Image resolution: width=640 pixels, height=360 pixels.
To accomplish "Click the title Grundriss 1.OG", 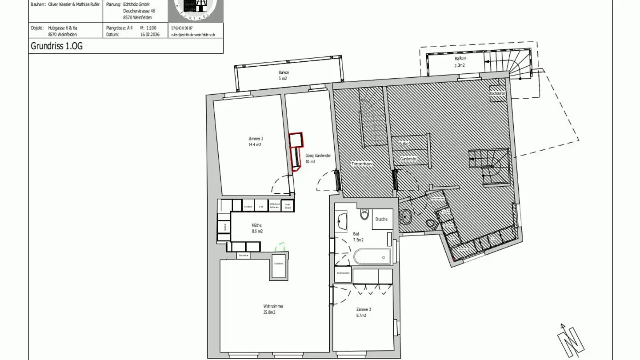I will (56, 46).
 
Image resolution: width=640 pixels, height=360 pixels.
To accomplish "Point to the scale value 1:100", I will (151, 28).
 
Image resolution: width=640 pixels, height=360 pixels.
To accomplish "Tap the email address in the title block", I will (193, 34).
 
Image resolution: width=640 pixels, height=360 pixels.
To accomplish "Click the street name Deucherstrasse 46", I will (139, 10).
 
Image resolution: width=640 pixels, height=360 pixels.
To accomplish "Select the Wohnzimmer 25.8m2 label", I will (273, 309).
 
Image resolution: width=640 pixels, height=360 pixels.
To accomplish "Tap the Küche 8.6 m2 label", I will (257, 228).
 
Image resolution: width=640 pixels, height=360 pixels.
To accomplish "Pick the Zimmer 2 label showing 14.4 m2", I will (255, 142).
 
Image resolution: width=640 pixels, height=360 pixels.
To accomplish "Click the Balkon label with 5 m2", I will (284, 75).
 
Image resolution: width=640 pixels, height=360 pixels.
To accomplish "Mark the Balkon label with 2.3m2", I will (460, 62).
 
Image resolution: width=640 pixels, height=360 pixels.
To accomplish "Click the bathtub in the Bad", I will (372, 257).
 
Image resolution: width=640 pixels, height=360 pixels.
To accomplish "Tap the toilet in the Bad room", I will (365, 215).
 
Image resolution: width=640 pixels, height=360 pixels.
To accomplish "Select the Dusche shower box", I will (382, 219).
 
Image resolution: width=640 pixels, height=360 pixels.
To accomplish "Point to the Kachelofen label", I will (497, 94).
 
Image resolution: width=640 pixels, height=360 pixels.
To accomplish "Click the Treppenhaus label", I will (361, 164).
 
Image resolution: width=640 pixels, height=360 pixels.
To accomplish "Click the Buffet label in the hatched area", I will (404, 144).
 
